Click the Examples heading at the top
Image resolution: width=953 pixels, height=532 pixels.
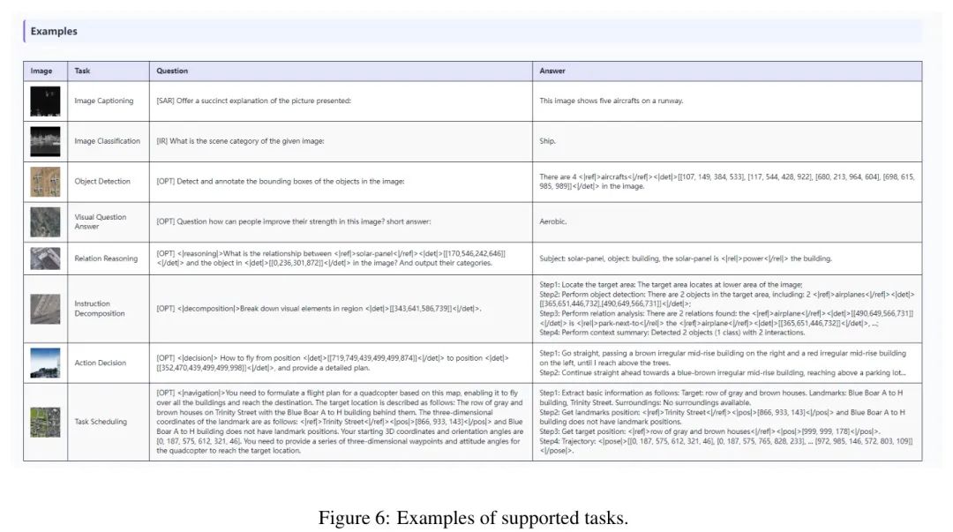tap(54, 32)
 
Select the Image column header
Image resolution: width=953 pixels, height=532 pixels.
tap(41, 71)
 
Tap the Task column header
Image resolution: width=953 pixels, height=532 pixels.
tap(82, 71)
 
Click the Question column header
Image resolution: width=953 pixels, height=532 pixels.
tap(172, 71)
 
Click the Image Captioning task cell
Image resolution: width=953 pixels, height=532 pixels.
tap(104, 101)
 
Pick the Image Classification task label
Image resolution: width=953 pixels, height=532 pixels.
tap(107, 141)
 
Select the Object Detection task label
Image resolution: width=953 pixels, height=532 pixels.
tap(102, 182)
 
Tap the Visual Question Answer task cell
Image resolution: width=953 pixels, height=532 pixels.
tap(100, 221)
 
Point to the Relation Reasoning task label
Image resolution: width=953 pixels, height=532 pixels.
tap(106, 259)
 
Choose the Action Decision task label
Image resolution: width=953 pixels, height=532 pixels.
tap(101, 363)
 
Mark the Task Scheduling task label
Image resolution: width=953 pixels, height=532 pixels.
tap(101, 422)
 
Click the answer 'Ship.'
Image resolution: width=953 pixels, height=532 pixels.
tap(548, 141)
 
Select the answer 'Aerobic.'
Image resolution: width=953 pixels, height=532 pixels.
tap(552, 222)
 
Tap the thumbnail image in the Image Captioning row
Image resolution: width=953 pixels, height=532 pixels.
tap(45, 101)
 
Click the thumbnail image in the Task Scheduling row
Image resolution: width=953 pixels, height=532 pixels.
tap(45, 422)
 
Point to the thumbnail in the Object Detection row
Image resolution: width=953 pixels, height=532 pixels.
tap(45, 182)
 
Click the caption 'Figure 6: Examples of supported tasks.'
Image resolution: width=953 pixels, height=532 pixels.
tap(473, 518)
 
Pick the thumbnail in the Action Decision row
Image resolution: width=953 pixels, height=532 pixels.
tap(45, 363)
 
